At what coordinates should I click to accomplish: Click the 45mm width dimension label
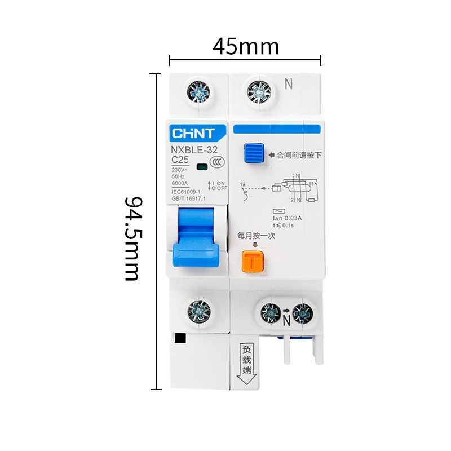tap(245, 46)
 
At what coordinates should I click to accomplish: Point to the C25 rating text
tap(180, 160)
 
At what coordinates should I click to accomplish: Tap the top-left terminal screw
tap(197, 91)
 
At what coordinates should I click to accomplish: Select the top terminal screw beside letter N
tap(259, 91)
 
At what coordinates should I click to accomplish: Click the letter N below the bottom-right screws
tap(286, 322)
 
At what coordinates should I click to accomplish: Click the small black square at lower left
tap(180, 338)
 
